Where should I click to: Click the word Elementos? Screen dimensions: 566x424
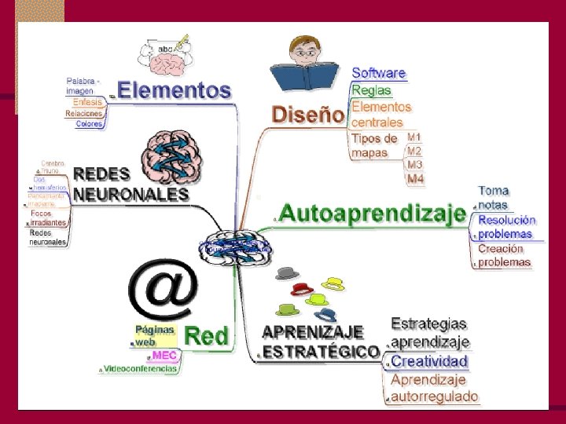click(175, 90)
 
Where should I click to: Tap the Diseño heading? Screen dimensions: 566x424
click(308, 115)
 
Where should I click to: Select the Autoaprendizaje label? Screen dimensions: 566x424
click(373, 213)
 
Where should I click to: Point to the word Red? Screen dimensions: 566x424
click(205, 337)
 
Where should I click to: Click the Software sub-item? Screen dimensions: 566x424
click(379, 73)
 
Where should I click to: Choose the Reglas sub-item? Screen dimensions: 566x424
click(371, 90)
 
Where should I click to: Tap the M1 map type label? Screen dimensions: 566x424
click(414, 137)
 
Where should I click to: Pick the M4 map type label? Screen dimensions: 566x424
click(415, 179)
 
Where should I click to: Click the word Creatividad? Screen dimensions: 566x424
click(429, 361)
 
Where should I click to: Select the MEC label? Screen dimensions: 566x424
click(164, 356)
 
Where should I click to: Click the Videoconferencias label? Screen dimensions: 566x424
click(141, 369)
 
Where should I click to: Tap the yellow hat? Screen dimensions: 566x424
click(335, 283)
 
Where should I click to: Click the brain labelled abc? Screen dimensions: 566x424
click(163, 54)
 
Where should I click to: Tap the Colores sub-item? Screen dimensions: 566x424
click(89, 124)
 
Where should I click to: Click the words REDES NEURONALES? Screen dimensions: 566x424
click(130, 183)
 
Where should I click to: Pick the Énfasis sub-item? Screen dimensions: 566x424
click(87, 102)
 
